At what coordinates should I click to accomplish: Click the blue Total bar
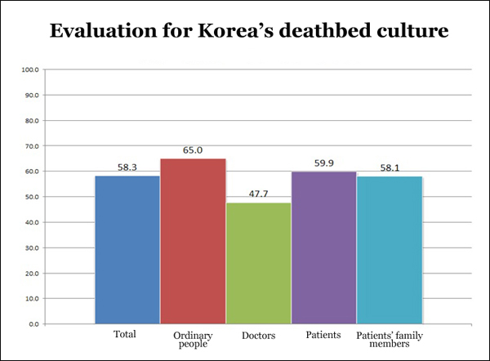tap(127, 249)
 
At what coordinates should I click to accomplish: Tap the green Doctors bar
tap(258, 263)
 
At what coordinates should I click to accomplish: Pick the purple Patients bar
tap(323, 247)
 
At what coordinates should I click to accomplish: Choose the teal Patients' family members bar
tap(390, 250)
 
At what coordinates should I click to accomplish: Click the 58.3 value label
tap(127, 167)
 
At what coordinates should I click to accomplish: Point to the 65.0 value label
tap(193, 150)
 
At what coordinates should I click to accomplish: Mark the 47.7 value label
tap(258, 194)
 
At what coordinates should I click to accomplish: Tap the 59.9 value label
tap(324, 163)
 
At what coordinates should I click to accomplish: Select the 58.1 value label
tap(390, 167)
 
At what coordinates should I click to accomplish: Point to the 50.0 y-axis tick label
tap(31, 197)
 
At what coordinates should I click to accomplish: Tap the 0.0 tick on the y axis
tap(33, 324)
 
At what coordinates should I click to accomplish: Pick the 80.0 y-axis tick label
tap(31, 121)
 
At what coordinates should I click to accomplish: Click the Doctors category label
tap(258, 335)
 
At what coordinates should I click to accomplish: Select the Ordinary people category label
tap(193, 340)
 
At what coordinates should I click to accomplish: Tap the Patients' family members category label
tap(390, 340)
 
